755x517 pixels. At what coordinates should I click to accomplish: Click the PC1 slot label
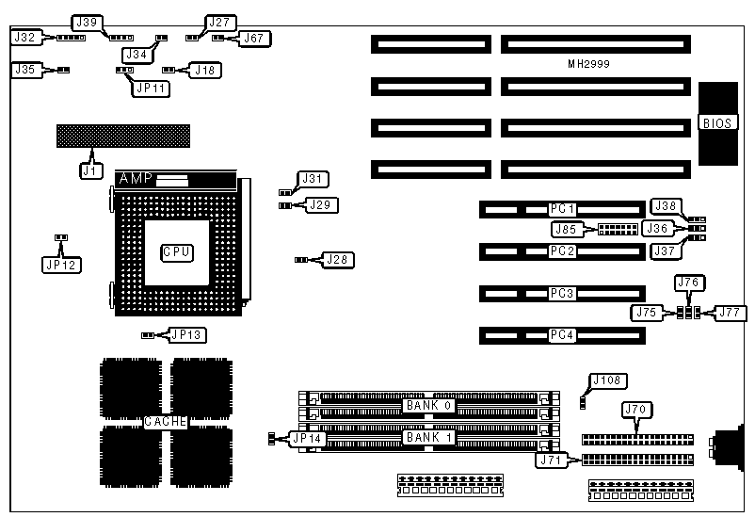click(x=563, y=208)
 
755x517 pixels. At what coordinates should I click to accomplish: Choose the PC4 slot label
click(x=563, y=335)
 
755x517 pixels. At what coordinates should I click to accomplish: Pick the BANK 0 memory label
click(x=428, y=405)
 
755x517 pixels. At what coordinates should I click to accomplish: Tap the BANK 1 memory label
click(x=428, y=438)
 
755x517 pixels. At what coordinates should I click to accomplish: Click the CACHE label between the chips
click(x=165, y=422)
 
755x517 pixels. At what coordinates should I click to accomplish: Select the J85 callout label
click(x=568, y=228)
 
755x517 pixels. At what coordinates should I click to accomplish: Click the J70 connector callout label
click(x=638, y=410)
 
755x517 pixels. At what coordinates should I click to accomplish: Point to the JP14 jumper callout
click(x=306, y=438)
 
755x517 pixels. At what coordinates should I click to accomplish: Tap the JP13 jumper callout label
click(x=186, y=334)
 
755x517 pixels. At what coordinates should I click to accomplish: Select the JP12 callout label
click(x=60, y=265)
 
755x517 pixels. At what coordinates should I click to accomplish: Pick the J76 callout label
click(x=688, y=282)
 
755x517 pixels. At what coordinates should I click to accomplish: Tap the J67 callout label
click(x=253, y=39)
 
